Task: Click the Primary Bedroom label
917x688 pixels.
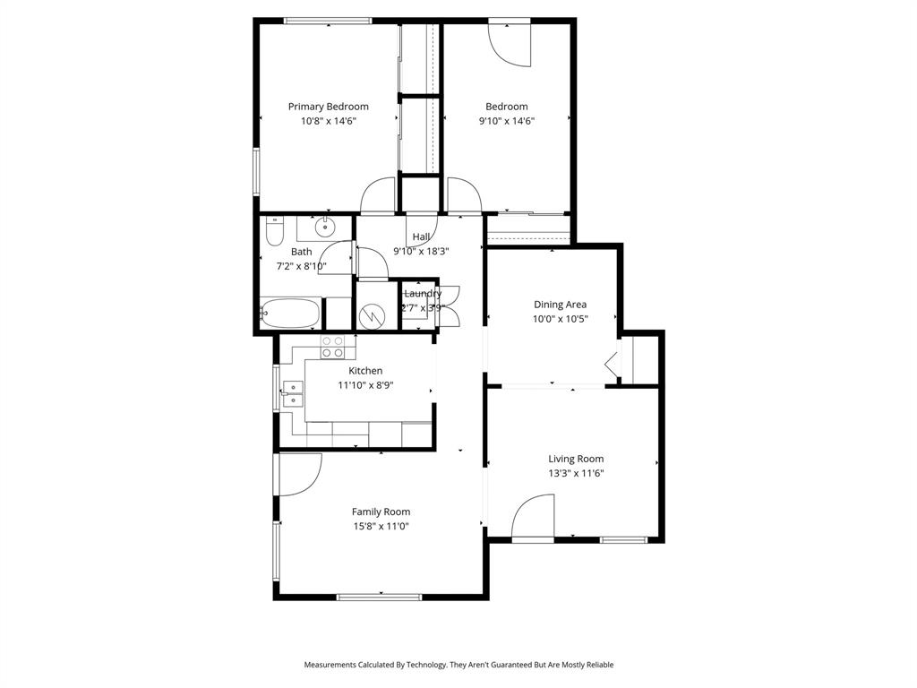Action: tap(328, 107)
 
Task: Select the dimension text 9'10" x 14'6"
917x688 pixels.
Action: tap(506, 121)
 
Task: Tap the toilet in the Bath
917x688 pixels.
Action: tap(274, 233)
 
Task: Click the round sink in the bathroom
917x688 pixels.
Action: tap(327, 226)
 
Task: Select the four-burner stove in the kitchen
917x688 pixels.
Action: tap(332, 346)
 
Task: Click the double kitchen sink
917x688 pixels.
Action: tap(293, 394)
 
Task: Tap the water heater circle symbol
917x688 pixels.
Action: tap(372, 316)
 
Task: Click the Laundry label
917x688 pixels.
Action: tap(422, 294)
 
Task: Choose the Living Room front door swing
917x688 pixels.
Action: tap(534, 520)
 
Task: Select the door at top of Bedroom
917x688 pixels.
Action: tap(510, 43)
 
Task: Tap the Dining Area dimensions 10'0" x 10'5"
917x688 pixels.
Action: tap(560, 318)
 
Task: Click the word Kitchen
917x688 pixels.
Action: tap(365, 371)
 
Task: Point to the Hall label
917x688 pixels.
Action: tap(421, 237)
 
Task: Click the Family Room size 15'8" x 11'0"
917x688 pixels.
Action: tap(381, 527)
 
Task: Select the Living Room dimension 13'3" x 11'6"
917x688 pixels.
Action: tap(576, 473)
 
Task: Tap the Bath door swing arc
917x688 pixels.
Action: tap(339, 259)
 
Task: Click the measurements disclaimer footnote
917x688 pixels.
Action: tap(458, 665)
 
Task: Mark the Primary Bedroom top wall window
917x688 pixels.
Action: tap(328, 21)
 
